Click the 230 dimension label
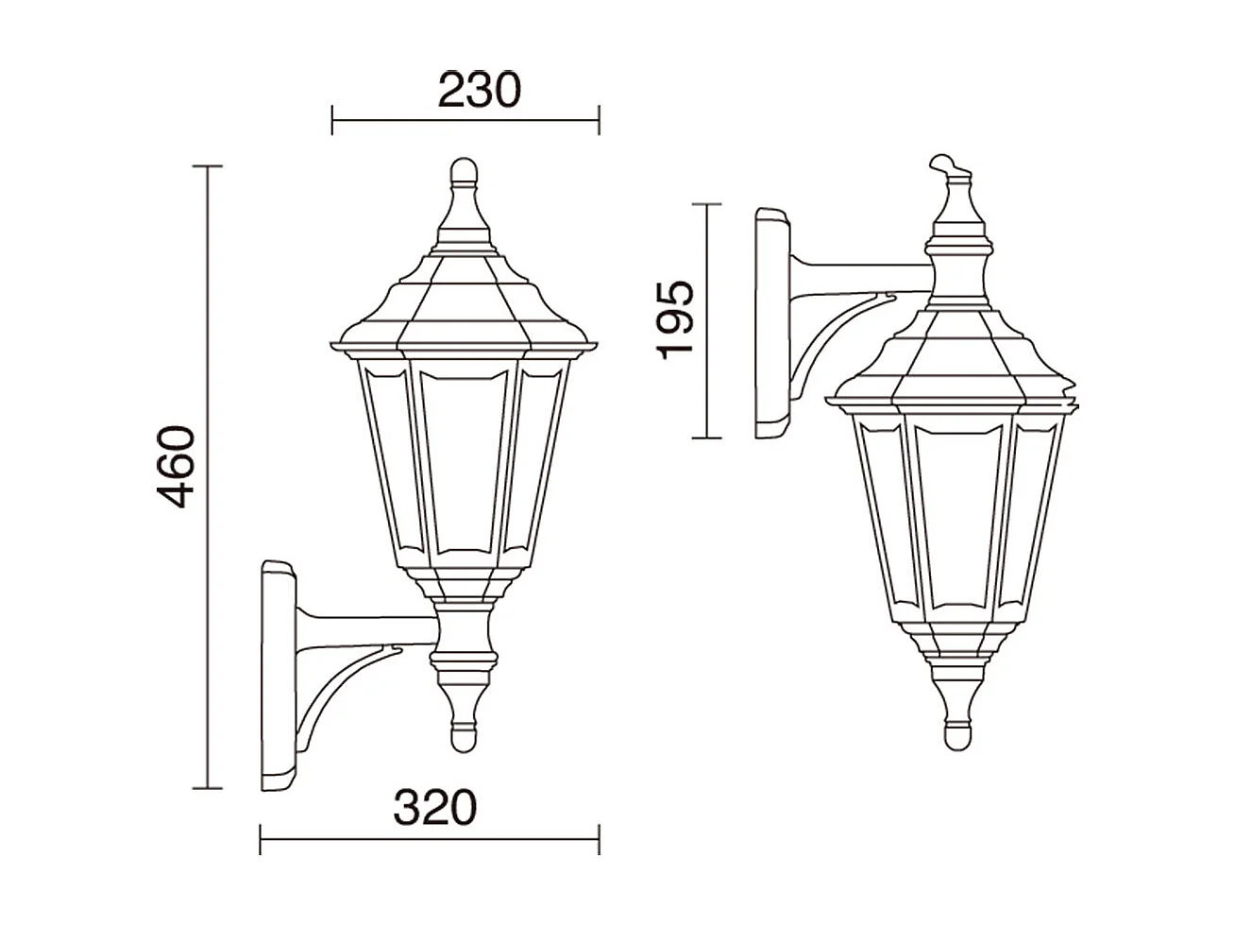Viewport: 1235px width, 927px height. (x=479, y=91)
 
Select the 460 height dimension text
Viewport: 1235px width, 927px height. (x=177, y=466)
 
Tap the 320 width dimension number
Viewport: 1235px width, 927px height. (x=435, y=808)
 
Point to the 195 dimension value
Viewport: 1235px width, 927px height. (x=676, y=319)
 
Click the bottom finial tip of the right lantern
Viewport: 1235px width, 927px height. (x=956, y=733)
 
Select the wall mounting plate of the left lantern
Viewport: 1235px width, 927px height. (x=278, y=675)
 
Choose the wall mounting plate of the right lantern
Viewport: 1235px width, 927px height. (x=771, y=324)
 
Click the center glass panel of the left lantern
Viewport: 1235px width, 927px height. (x=464, y=458)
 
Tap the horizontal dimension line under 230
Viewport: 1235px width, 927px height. (x=465, y=120)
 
